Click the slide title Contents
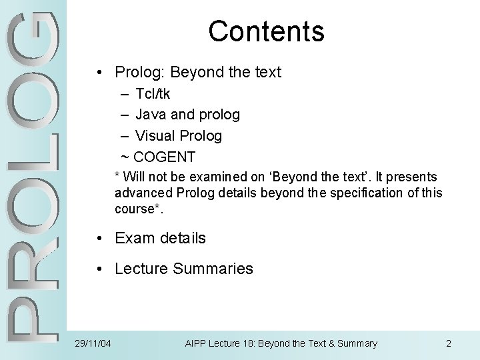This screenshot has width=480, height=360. click(x=266, y=31)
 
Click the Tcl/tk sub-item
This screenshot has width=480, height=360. click(x=153, y=93)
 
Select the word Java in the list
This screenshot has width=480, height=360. click(x=151, y=115)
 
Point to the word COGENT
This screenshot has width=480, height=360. click(x=165, y=157)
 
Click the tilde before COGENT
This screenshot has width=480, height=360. click(x=125, y=157)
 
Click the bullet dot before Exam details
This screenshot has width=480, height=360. click(x=98, y=238)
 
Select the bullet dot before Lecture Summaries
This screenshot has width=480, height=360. click(x=98, y=269)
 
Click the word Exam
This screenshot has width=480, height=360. click(x=133, y=238)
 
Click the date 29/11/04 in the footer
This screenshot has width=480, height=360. click(x=93, y=344)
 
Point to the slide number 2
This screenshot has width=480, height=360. click(x=449, y=344)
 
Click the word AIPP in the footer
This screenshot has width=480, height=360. click(x=195, y=344)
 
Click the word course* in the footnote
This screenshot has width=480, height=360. click(x=139, y=209)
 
